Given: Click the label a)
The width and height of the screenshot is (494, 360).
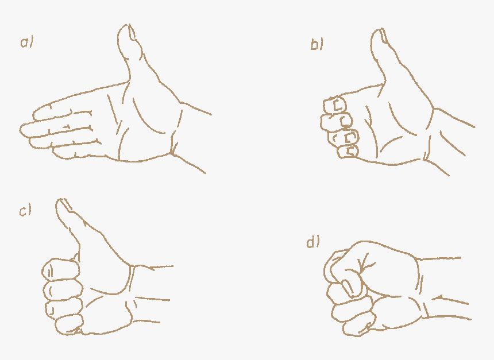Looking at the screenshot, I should click(x=26, y=42).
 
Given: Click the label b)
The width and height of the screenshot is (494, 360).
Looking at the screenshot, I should click(x=317, y=45).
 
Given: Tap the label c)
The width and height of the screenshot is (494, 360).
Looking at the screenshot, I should click(x=25, y=211).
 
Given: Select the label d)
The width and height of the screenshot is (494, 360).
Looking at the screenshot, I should click(x=312, y=242).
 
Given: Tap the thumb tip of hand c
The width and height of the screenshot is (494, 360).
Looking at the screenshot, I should click(x=62, y=204).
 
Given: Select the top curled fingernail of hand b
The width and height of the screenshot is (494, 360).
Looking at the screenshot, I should click(x=338, y=105).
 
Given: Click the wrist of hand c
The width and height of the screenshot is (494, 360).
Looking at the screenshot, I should click(x=152, y=293).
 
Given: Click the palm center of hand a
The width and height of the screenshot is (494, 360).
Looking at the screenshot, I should click(x=144, y=123).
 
